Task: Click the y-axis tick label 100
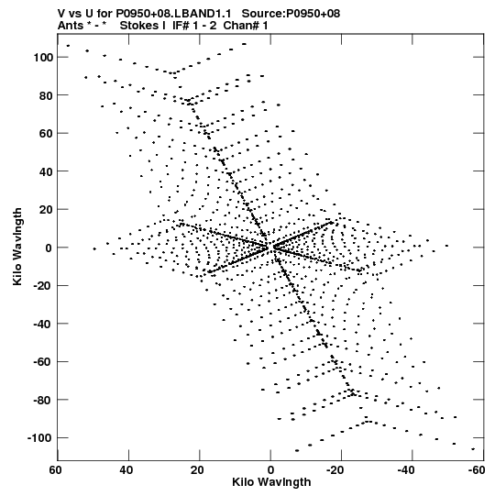tap(43, 58)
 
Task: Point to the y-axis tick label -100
tap(39, 438)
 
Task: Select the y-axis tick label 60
tap(46, 134)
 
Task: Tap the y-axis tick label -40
tap(43, 324)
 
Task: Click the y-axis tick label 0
tap(49, 248)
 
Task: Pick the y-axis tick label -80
tap(43, 400)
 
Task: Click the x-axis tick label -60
tap(477, 470)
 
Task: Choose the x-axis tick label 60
tap(56, 470)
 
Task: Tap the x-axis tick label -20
tap(335, 470)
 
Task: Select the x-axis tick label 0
tap(270, 470)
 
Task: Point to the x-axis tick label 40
tap(126, 470)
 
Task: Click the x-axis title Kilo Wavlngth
tap(271, 482)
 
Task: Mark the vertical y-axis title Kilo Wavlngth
tap(17, 247)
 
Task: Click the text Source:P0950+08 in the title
tap(291, 14)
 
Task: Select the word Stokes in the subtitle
tap(139, 26)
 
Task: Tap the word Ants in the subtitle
tap(70, 26)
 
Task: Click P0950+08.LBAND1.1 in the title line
tap(173, 14)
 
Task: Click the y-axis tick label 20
tap(46, 210)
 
